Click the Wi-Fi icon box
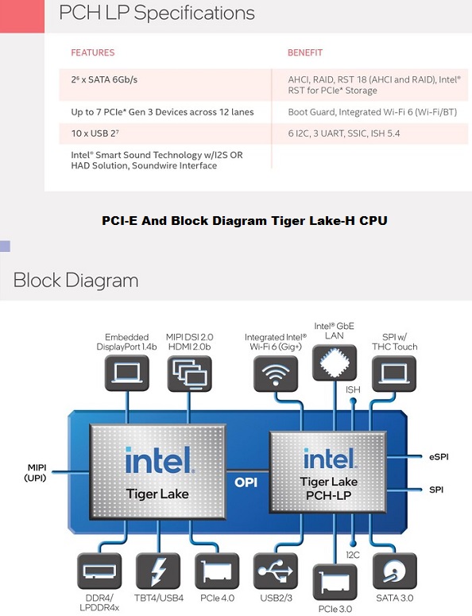tap(276, 374)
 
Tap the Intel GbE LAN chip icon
tap(335, 362)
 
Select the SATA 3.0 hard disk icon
tap(395, 571)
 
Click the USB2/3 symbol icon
tap(276, 571)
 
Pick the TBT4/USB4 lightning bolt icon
tap(158, 571)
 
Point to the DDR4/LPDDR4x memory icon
tap(99, 571)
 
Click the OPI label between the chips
tap(246, 482)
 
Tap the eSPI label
tap(439, 457)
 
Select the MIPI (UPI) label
tap(36, 473)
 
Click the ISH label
tap(353, 389)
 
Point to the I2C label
tap(353, 555)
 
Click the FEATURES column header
tap(93, 52)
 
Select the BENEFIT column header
tap(305, 52)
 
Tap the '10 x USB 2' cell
tap(95, 134)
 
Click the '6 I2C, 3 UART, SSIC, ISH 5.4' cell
tap(344, 134)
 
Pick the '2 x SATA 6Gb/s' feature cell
tap(104, 79)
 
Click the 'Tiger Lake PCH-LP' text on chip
tap(329, 488)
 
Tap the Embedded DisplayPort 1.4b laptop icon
tap(127, 374)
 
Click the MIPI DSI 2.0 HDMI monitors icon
tap(190, 374)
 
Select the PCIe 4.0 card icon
tap(217, 571)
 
